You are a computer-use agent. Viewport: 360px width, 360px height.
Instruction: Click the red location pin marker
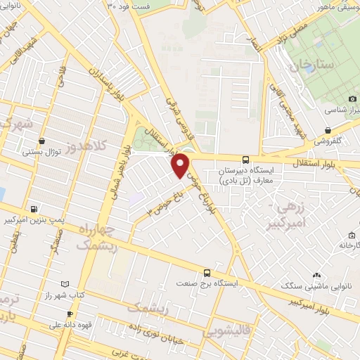[x=181, y=165]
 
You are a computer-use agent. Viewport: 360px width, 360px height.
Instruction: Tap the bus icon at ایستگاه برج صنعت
[x=206, y=272]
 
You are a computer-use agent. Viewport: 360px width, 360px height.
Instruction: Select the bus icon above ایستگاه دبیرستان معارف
[x=245, y=159]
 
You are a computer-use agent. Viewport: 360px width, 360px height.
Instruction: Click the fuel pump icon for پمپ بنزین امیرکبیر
[x=34, y=209]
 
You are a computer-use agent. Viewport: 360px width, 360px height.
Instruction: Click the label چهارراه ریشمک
[x=97, y=237]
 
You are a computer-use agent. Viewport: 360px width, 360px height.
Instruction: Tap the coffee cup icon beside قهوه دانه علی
[x=69, y=314]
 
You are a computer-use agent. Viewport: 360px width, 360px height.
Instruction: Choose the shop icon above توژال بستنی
[x=44, y=140]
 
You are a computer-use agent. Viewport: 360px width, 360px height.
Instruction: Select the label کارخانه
[x=348, y=246]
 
